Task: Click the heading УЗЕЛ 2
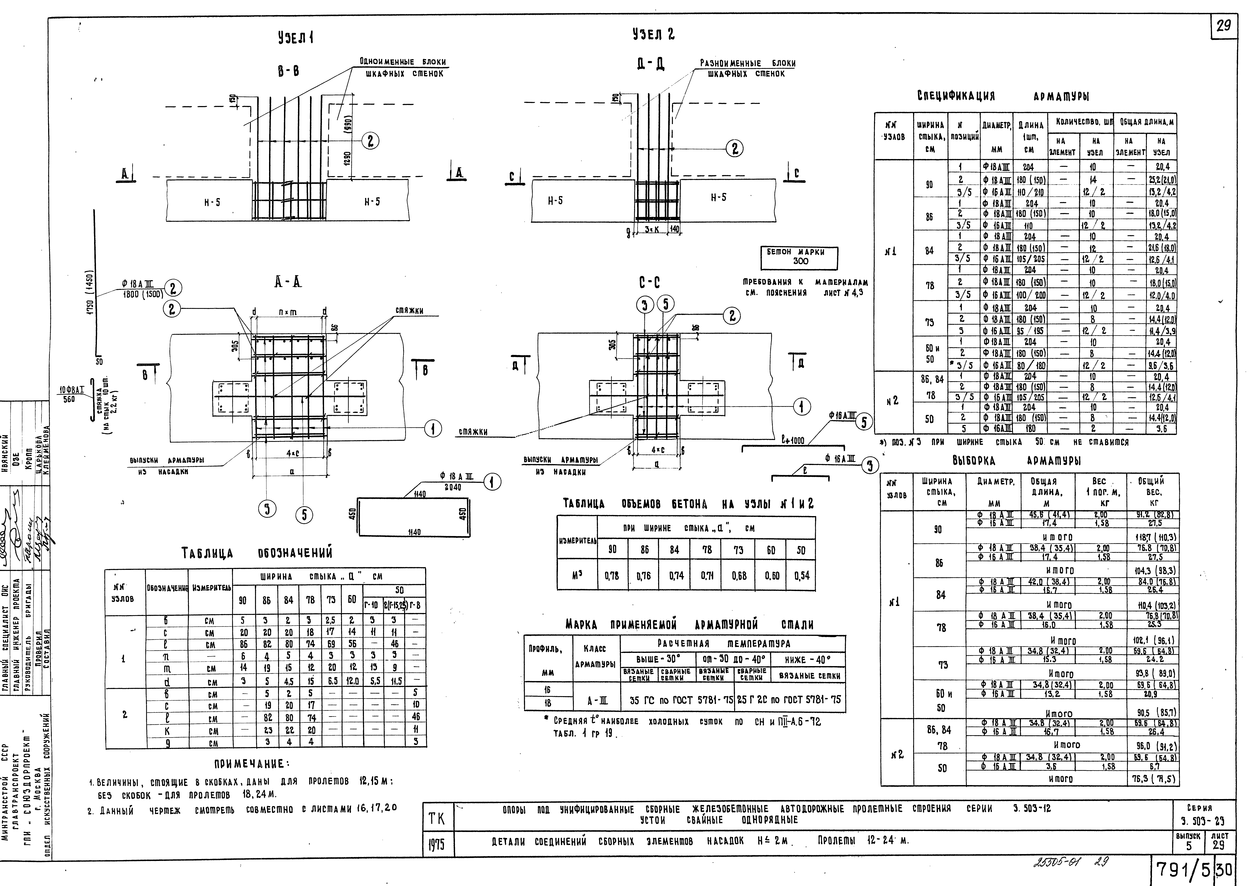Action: click(653, 35)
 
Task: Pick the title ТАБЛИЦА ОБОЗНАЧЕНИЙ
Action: click(257, 554)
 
